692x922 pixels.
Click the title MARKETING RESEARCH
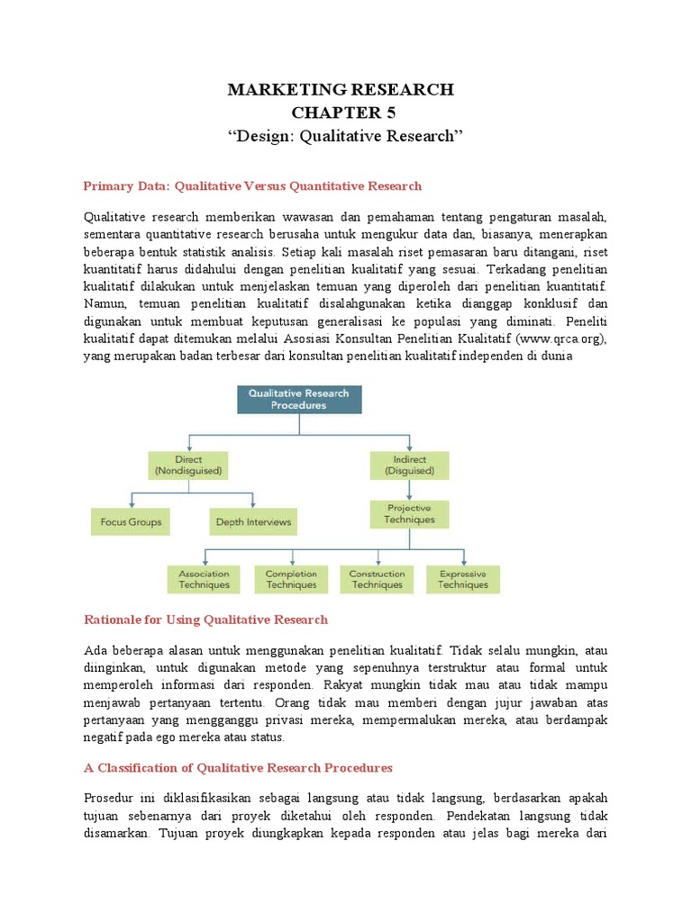tap(341, 89)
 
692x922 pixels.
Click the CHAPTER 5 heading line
tap(342, 113)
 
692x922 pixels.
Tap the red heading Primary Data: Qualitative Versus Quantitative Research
tap(252, 186)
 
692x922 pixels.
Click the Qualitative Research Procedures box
tap(299, 399)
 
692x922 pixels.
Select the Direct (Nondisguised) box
tap(189, 465)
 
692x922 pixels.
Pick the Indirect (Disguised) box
tap(409, 465)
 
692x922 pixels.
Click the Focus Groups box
tap(131, 522)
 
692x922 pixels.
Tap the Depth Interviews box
tap(253, 522)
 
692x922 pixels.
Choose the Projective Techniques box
tap(409, 513)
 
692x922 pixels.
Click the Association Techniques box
tap(204, 579)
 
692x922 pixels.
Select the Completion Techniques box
tap(291, 579)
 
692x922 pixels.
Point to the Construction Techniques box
tap(377, 579)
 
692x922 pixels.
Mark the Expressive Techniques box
tap(462, 579)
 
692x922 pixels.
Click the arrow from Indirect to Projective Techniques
tap(409, 490)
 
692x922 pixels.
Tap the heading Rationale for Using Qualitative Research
tap(205, 619)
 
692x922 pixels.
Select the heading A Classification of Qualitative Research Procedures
tap(238, 768)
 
